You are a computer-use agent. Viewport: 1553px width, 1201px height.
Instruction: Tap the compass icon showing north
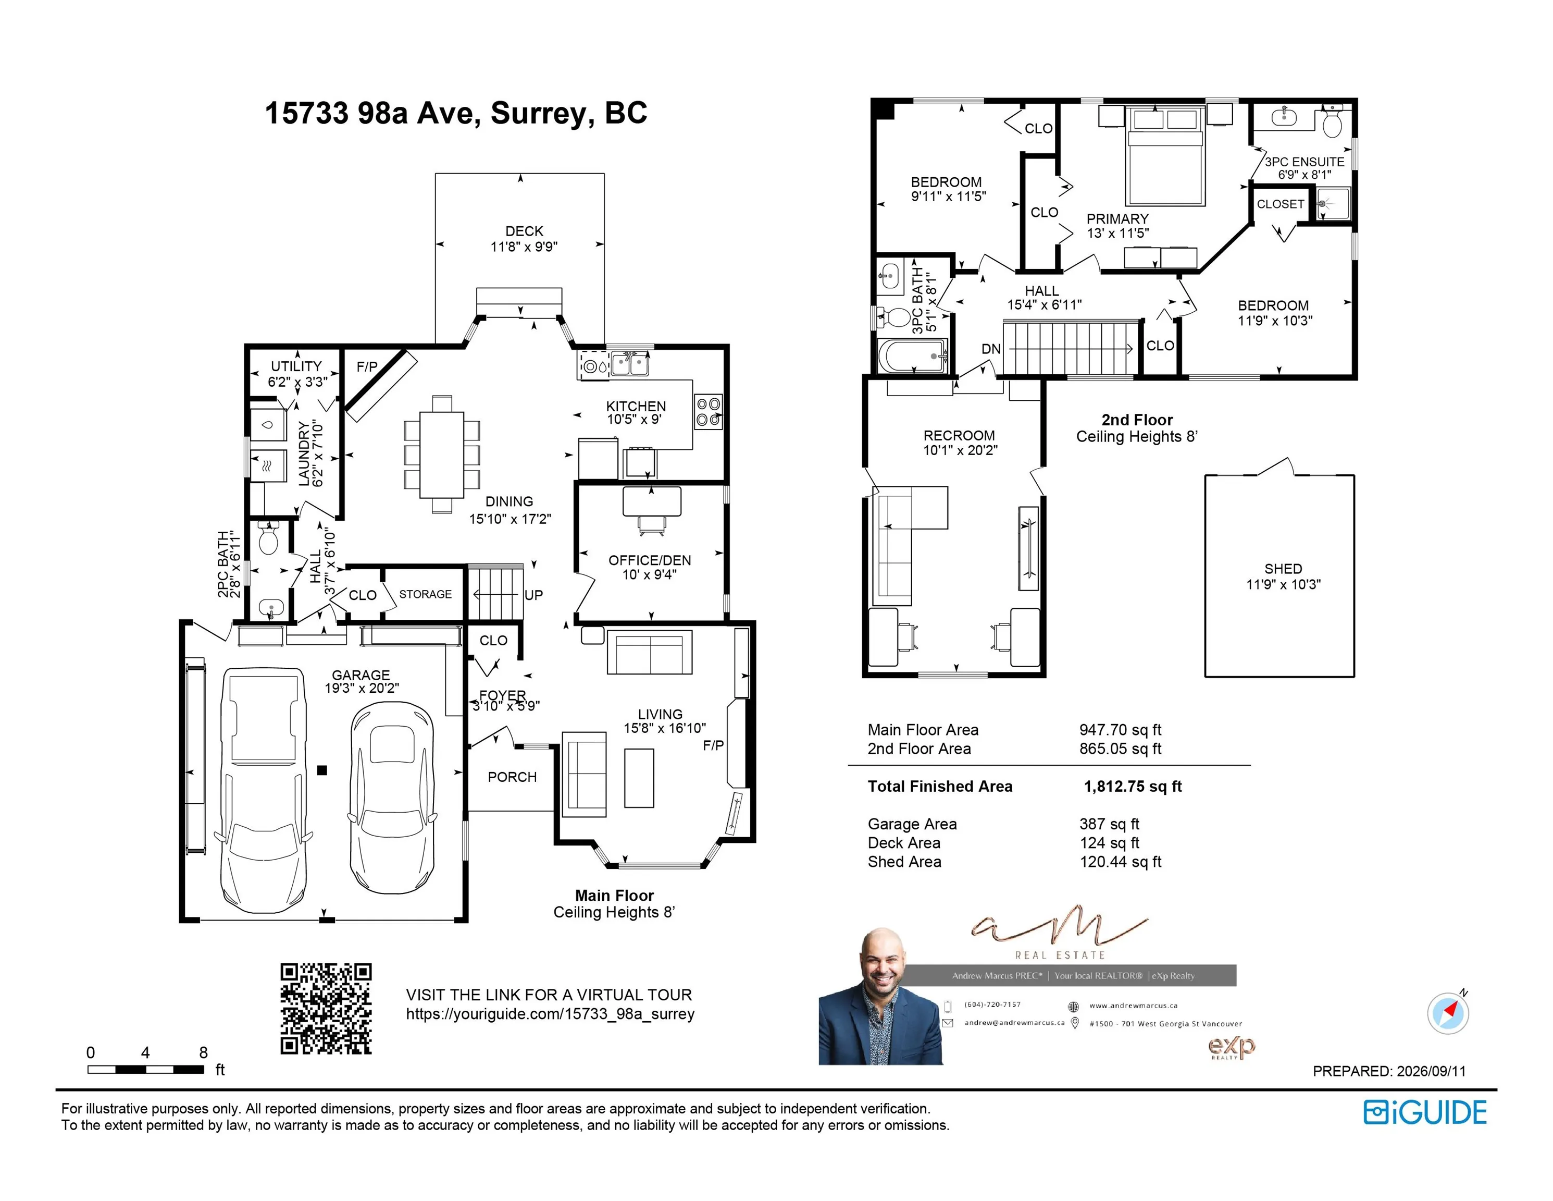1448,1012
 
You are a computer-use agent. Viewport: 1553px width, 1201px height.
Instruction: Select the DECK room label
524,231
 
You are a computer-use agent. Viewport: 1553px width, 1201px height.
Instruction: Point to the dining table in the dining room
442,454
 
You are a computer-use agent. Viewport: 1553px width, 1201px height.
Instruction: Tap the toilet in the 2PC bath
268,538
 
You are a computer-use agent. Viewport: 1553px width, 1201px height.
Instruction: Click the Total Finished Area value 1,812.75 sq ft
1133,786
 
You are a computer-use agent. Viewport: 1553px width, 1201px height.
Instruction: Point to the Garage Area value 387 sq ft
1109,824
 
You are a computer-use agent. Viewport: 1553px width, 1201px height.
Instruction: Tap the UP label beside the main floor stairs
533,595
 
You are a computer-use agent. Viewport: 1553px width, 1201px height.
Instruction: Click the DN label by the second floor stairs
991,349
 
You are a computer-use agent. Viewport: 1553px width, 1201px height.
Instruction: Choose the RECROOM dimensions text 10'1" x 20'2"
960,450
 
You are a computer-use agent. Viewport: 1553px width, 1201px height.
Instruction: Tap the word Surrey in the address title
542,113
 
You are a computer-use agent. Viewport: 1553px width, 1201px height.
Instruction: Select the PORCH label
512,777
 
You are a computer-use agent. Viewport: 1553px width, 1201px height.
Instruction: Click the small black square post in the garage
322,770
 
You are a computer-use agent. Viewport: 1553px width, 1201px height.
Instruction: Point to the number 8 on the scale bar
203,1052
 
